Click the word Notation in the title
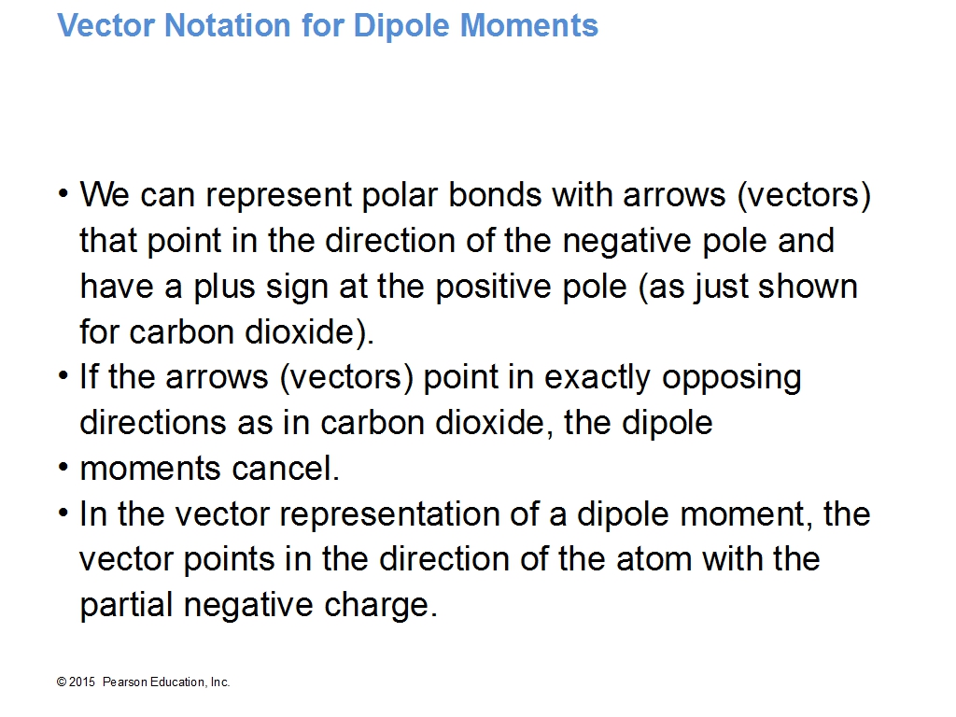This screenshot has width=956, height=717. point(228,25)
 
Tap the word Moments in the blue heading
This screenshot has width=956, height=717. point(528,25)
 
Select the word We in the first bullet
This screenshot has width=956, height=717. point(105,195)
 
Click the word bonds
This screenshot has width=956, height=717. point(494,195)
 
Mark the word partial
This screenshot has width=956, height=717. point(126,606)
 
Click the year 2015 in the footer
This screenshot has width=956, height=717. point(82,682)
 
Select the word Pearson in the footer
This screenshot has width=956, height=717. point(124,682)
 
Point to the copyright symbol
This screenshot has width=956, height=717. point(62,682)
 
